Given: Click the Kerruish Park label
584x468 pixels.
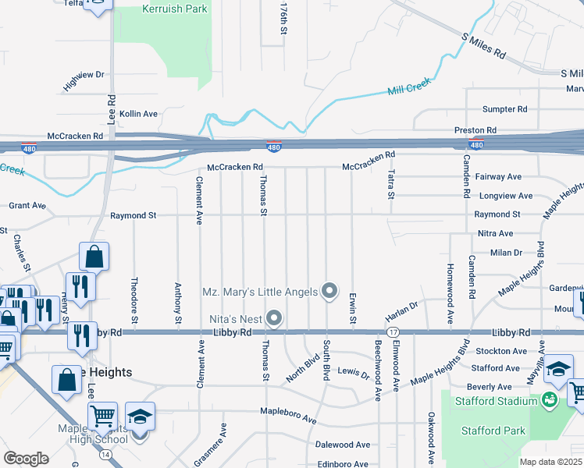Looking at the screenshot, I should [x=174, y=9].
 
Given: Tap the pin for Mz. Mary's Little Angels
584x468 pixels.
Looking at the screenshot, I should [x=329, y=291].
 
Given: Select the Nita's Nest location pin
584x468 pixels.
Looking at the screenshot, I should [x=273, y=317].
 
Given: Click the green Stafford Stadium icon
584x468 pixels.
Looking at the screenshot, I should [x=550, y=401].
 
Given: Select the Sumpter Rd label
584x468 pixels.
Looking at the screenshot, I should [x=504, y=109].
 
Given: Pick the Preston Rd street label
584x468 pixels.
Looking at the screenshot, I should [x=475, y=130].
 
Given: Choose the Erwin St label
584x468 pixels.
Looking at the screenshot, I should [x=354, y=309].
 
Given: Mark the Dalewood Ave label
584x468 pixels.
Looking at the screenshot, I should [x=342, y=445].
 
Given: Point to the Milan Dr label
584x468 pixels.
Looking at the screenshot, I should [x=506, y=253].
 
